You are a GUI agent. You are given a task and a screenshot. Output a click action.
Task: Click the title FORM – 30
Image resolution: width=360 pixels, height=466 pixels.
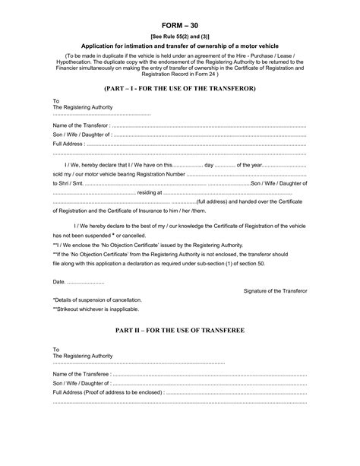point(180,24)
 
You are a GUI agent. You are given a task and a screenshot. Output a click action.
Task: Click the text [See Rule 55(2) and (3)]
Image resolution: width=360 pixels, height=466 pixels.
point(180,36)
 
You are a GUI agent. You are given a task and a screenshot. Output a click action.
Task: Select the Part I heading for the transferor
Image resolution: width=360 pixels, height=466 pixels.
point(180,89)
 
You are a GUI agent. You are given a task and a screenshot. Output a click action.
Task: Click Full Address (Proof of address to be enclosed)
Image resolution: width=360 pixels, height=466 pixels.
point(108,392)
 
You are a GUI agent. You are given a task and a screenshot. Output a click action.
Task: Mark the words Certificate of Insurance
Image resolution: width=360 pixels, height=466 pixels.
point(157,213)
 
